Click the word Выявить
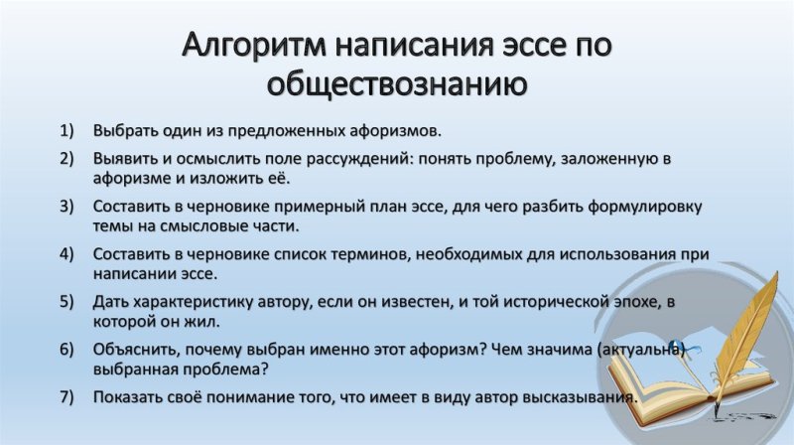[124, 159]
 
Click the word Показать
[130, 397]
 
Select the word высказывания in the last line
[572, 397]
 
